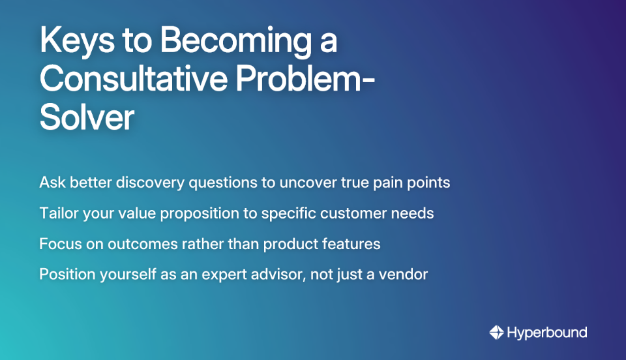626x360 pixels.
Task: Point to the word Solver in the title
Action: (87, 117)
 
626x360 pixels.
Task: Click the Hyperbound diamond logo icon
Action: (497, 333)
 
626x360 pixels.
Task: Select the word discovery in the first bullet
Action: (152, 182)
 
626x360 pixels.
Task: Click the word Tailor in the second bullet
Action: (59, 213)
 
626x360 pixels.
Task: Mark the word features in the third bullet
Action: (353, 244)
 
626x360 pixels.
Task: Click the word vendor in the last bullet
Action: (405, 275)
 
